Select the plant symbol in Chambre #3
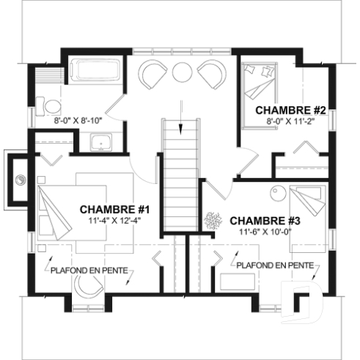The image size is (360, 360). [x=215, y=219]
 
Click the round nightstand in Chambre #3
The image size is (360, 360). [x=279, y=193]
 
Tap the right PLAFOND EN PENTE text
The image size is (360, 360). [x=276, y=265]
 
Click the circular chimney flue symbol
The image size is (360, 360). [x=21, y=177]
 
